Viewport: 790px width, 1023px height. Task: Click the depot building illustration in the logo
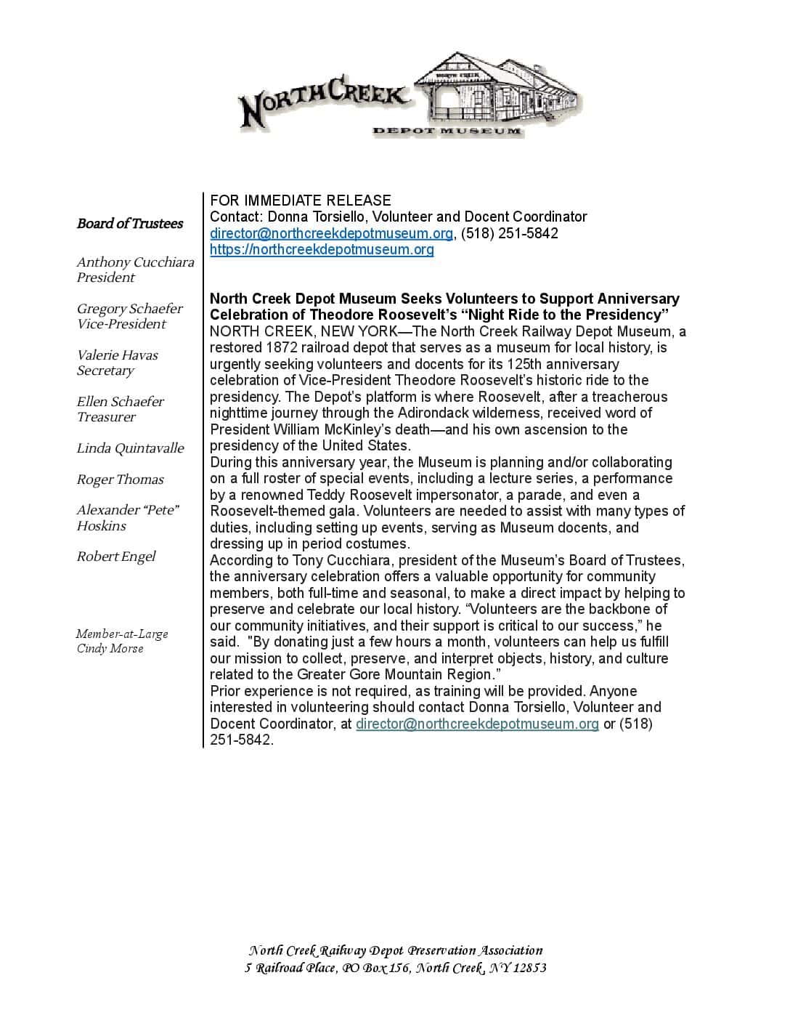click(x=501, y=91)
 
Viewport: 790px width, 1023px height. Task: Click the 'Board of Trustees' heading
click(x=130, y=223)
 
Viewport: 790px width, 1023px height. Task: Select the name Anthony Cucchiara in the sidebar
click(x=135, y=262)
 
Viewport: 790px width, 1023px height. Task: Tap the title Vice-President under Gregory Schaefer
click(x=121, y=324)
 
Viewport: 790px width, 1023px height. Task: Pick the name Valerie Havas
click(x=117, y=355)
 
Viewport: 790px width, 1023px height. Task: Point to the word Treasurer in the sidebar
click(x=106, y=417)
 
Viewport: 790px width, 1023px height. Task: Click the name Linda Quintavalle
click(x=130, y=448)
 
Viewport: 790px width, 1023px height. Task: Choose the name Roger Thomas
click(x=120, y=480)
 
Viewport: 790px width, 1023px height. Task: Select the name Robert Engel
click(x=116, y=557)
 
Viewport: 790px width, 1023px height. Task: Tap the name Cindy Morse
click(x=110, y=648)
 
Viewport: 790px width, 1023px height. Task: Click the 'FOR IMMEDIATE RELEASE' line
click(x=300, y=201)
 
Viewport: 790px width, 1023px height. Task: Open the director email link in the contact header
click(x=331, y=233)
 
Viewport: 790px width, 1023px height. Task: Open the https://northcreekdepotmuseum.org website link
click(x=322, y=249)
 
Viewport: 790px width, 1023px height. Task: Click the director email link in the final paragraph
click(x=477, y=724)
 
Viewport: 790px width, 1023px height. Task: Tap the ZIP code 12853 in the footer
click(x=529, y=968)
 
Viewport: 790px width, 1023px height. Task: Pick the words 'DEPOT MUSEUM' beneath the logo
click(x=447, y=131)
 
